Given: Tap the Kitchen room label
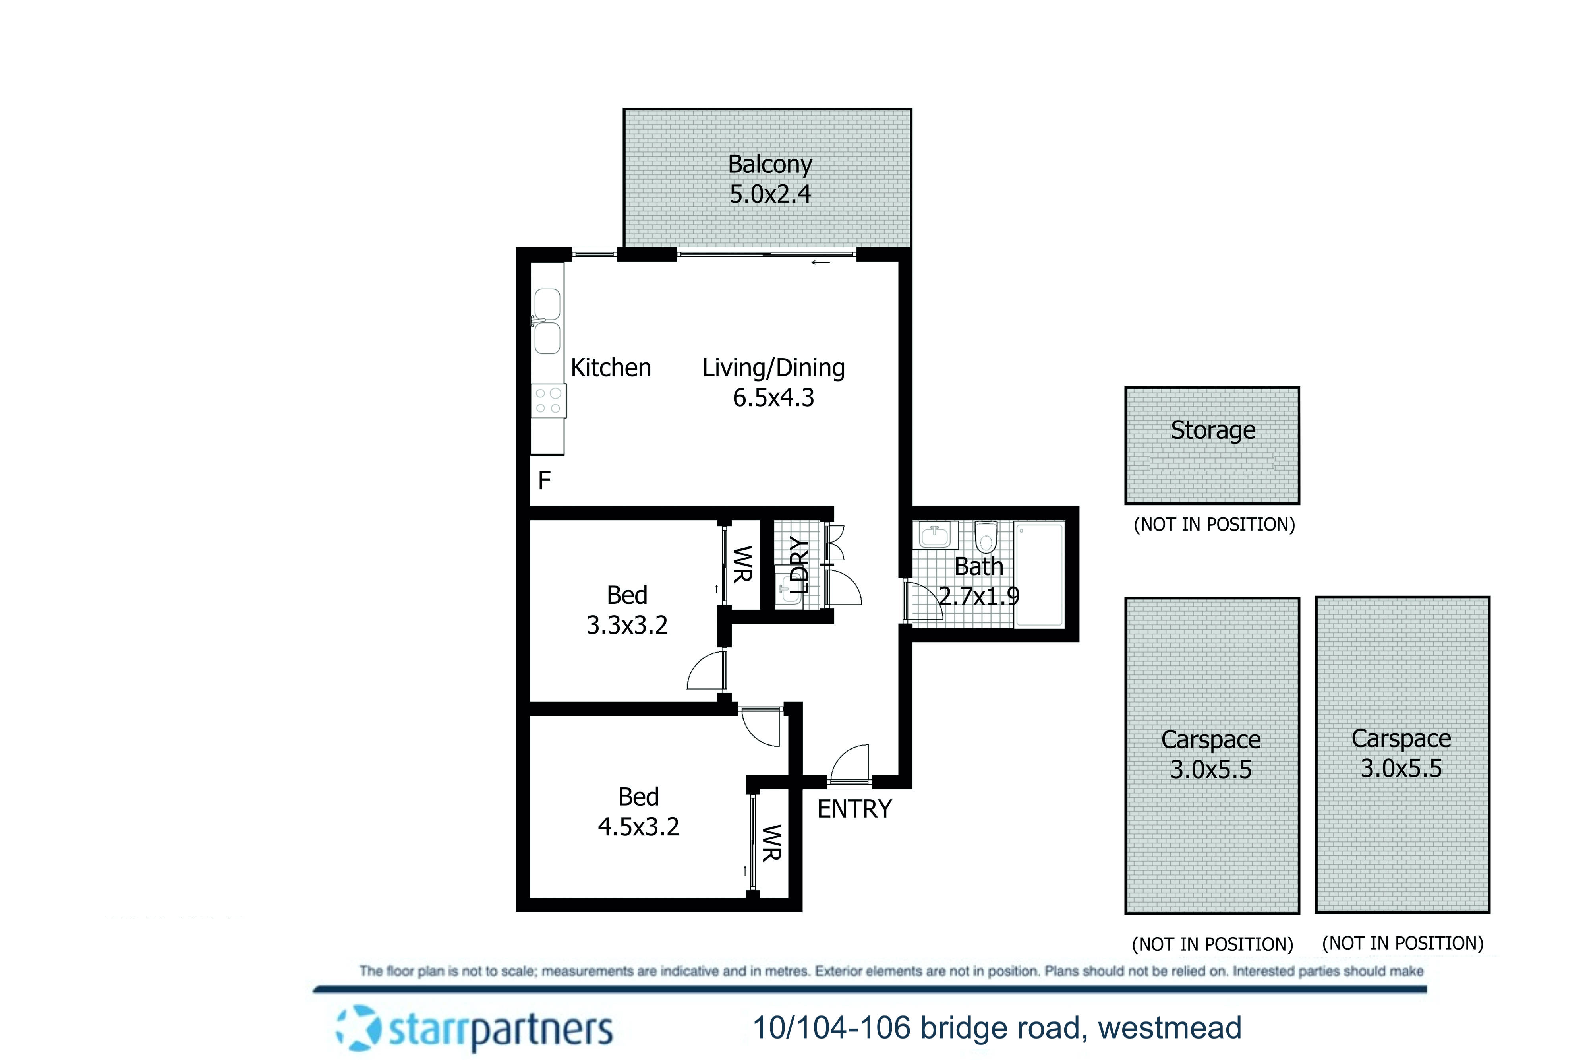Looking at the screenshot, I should (611, 368).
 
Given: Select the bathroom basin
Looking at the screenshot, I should (935, 535).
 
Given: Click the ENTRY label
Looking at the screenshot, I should (854, 809).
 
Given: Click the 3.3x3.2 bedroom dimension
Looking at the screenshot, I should (627, 625).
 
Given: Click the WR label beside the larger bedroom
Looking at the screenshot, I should (771, 843).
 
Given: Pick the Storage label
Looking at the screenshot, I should (1213, 430).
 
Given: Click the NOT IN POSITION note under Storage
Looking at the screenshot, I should (1214, 525).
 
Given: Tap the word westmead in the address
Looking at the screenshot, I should (1170, 1028).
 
